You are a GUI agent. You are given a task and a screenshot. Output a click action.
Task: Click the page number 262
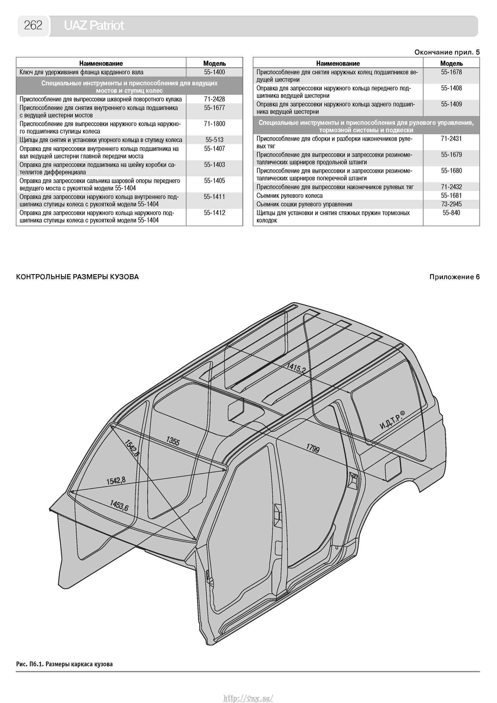[33, 25]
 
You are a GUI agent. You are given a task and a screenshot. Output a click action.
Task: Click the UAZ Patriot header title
[94, 25]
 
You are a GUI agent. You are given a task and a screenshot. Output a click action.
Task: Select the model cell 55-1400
[214, 72]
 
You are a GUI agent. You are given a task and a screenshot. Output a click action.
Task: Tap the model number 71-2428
[214, 99]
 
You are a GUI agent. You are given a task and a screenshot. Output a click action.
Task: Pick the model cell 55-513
[214, 140]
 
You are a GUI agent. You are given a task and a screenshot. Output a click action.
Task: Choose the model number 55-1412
[214, 213]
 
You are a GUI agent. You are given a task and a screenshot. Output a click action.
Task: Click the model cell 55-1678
[451, 72]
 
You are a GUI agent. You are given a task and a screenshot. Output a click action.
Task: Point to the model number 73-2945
[451, 204]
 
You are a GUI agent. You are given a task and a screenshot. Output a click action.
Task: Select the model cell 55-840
[451, 213]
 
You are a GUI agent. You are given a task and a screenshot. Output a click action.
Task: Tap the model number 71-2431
[451, 139]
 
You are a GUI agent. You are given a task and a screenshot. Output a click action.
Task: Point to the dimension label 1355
[173, 441]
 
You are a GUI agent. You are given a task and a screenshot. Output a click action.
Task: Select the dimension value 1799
[313, 448]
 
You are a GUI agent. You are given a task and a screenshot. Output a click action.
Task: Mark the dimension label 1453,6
[119, 505]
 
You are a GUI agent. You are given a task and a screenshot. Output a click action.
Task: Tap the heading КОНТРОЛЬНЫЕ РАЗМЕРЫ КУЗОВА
[77, 277]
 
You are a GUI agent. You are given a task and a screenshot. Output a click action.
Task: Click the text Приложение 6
[454, 277]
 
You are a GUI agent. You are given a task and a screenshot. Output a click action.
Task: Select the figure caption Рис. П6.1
[64, 664]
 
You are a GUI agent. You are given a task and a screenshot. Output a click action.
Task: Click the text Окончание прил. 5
[447, 52]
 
